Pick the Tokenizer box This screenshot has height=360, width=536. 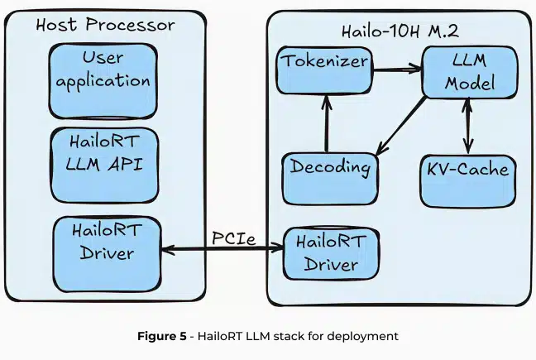tap(323, 71)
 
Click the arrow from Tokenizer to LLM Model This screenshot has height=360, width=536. tap(397, 70)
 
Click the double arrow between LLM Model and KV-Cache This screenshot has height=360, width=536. tap(469, 124)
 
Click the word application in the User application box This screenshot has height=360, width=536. tap(103, 82)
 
